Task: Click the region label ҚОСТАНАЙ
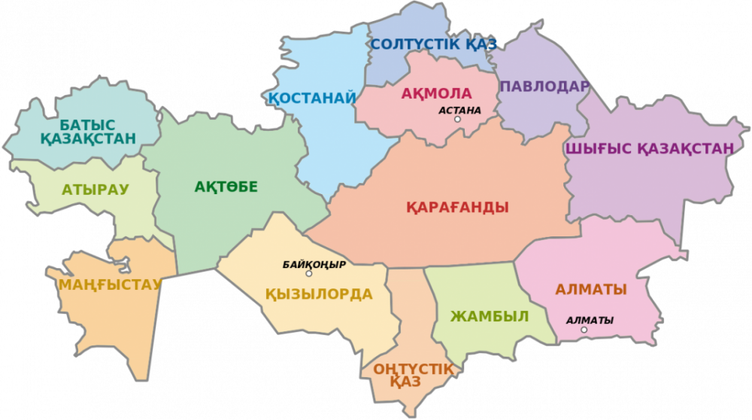click(312, 98)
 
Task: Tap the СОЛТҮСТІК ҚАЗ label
click(434, 44)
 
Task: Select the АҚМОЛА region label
click(436, 94)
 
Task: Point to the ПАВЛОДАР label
click(544, 87)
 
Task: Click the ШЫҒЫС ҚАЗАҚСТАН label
click(648, 148)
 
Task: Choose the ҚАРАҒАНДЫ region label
click(457, 207)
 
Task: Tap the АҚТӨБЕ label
click(226, 187)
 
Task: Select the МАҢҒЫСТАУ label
click(111, 284)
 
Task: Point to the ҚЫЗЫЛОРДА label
click(319, 294)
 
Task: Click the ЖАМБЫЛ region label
click(490, 315)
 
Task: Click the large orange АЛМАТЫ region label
click(591, 289)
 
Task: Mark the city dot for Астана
click(457, 119)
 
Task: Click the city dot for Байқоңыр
click(308, 273)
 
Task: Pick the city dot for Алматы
click(584, 330)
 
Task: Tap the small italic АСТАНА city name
click(459, 110)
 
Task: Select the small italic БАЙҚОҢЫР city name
click(314, 264)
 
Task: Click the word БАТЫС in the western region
click(88, 123)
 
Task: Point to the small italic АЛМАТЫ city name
click(590, 320)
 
